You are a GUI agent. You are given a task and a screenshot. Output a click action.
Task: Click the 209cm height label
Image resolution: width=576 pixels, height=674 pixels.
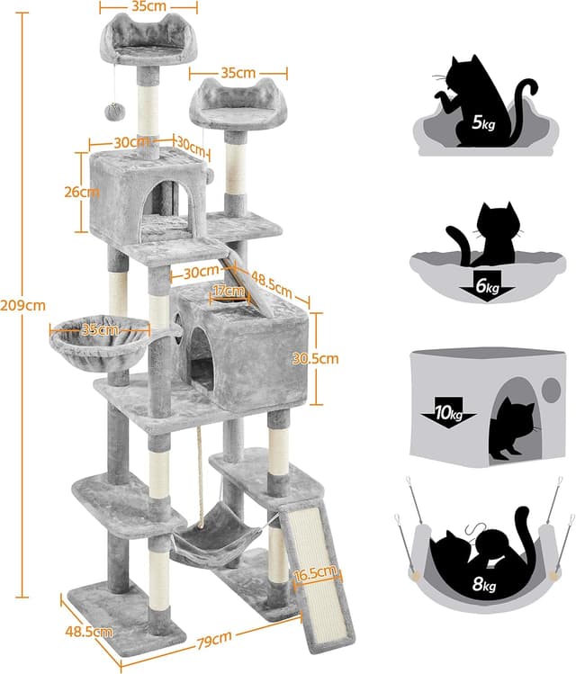22,306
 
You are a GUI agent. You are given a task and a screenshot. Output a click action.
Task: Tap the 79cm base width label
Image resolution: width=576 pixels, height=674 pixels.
214,641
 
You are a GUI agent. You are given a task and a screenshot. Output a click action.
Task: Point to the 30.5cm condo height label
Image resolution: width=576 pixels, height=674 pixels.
315,358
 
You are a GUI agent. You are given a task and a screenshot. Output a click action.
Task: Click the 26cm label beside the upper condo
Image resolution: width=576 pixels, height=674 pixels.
82,192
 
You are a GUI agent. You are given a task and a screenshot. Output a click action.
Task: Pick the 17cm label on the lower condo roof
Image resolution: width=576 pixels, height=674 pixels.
229,291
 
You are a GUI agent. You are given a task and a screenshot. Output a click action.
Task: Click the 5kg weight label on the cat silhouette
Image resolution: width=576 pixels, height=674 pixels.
483,124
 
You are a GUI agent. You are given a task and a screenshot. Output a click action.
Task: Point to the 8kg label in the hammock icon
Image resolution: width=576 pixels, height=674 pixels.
484,585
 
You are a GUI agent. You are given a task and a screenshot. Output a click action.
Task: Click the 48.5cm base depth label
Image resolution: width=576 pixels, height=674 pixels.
89,632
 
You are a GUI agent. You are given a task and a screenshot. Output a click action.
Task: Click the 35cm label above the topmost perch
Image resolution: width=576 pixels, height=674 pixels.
148,6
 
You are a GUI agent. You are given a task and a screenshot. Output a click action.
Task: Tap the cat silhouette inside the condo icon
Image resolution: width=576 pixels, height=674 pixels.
517,429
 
